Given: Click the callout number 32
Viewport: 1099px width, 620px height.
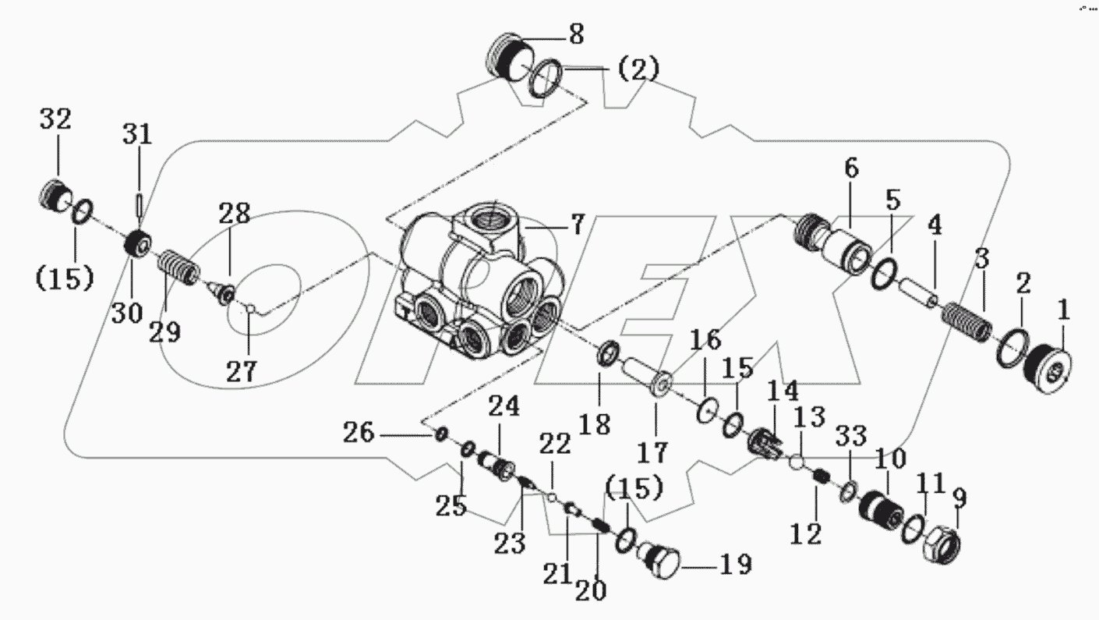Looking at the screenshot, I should [x=55, y=120].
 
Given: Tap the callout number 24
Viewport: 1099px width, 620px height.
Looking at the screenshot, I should [x=504, y=406].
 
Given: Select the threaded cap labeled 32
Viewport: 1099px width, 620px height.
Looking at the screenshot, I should [x=58, y=196].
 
